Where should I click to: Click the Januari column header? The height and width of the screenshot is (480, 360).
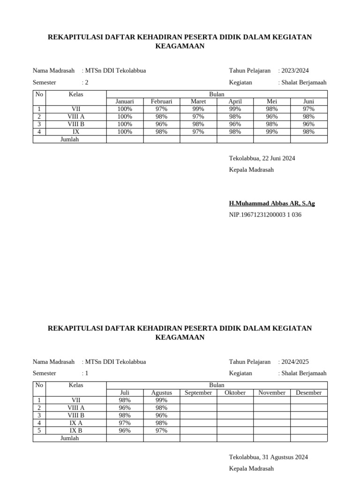(x=125, y=101)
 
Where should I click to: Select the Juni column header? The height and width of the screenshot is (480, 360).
(x=308, y=101)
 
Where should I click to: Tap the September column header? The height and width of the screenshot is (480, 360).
(x=198, y=393)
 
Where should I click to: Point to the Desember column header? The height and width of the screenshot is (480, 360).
(x=308, y=393)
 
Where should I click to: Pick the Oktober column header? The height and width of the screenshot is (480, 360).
(x=235, y=393)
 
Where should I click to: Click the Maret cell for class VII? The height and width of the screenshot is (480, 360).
(x=198, y=109)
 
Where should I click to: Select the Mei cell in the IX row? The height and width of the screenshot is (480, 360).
(x=272, y=132)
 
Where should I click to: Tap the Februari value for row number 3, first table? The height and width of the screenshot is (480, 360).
(x=161, y=124)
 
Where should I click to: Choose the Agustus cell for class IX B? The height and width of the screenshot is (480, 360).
(x=161, y=430)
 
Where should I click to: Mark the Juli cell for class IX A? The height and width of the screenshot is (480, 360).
(x=125, y=423)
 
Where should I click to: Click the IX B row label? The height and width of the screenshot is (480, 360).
(x=76, y=430)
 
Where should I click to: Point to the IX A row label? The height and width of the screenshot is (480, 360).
(x=76, y=423)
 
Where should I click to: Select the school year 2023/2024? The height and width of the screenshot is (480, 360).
(x=294, y=71)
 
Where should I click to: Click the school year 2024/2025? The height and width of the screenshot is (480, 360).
(x=294, y=362)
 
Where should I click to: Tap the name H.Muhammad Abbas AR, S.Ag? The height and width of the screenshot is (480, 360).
(x=272, y=203)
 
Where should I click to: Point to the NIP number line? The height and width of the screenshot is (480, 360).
(x=265, y=215)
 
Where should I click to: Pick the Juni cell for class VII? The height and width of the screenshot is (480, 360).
(x=308, y=109)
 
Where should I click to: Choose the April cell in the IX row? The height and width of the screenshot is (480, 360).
(x=235, y=132)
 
